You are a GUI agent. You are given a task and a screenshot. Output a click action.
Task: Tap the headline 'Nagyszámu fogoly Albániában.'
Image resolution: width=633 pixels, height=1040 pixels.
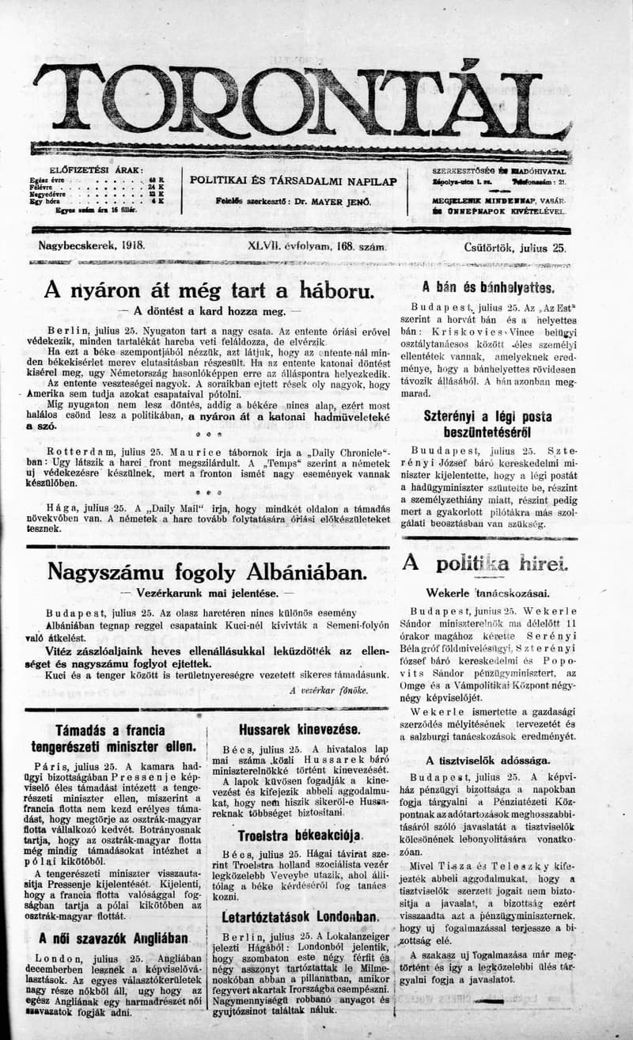tap(207, 571)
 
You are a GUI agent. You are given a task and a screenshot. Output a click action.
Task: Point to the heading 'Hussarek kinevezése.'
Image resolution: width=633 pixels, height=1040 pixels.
tap(299, 729)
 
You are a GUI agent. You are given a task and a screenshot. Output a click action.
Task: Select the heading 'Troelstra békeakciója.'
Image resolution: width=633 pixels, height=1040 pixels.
tap(300, 835)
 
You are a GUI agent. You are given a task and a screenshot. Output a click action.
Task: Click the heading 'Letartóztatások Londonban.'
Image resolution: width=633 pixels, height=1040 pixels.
tap(300, 917)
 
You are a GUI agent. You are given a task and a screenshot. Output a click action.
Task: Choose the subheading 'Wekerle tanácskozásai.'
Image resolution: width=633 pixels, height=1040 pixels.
tap(487, 592)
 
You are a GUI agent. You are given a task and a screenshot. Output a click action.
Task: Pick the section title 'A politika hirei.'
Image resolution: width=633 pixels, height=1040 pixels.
tap(485, 564)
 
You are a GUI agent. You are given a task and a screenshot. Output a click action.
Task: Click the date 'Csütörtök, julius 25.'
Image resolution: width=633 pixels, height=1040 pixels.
tap(515, 247)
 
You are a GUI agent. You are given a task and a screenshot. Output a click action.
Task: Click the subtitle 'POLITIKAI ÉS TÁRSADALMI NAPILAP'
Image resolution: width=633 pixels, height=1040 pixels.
tap(294, 180)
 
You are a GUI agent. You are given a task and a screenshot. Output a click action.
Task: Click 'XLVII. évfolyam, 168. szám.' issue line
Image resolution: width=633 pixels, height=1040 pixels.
tap(316, 247)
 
